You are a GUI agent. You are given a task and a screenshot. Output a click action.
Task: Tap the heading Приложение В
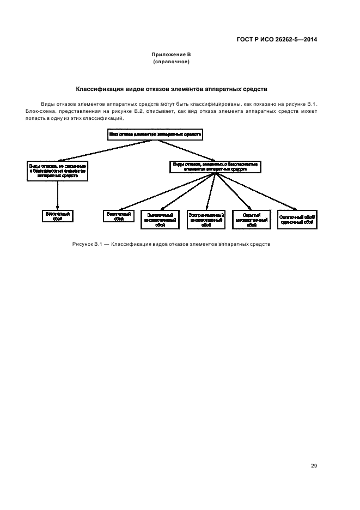coord(171,55)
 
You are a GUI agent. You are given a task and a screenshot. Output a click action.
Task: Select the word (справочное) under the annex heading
coord(171,62)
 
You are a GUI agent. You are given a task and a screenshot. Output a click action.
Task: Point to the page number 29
coord(314,466)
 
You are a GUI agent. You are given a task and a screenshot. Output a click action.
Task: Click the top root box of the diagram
coord(155,134)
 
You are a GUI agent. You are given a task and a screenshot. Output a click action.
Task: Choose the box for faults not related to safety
coord(57,170)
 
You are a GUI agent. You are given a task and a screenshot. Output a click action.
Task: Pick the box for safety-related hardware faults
coord(216,167)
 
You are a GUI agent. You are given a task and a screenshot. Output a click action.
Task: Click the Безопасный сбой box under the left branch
coord(57,216)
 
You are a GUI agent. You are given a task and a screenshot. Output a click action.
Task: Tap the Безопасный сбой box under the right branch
coord(119,216)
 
